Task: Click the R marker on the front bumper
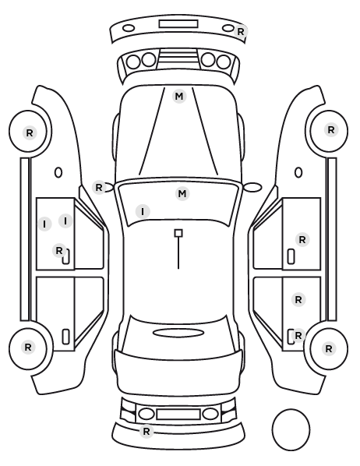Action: click(x=241, y=31)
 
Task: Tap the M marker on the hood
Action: click(x=179, y=97)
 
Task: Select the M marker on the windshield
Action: click(x=182, y=194)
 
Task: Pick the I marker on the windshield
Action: click(x=143, y=212)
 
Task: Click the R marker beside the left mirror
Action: click(x=99, y=188)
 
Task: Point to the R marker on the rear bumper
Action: click(x=146, y=431)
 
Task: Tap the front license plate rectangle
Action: click(x=178, y=24)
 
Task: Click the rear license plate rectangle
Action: click(x=178, y=414)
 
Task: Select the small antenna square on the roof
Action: click(x=178, y=233)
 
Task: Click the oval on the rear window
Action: click(x=178, y=333)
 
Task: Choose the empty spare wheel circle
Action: click(x=291, y=429)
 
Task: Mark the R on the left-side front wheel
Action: click(x=30, y=132)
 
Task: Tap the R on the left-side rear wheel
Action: click(x=28, y=347)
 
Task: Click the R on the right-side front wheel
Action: click(x=331, y=130)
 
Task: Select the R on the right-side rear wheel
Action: click(x=329, y=348)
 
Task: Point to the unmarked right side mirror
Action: click(x=252, y=187)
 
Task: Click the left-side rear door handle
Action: click(x=65, y=337)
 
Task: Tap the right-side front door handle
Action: click(x=291, y=256)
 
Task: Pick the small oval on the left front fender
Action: click(x=58, y=173)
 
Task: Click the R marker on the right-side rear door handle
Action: click(x=298, y=336)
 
